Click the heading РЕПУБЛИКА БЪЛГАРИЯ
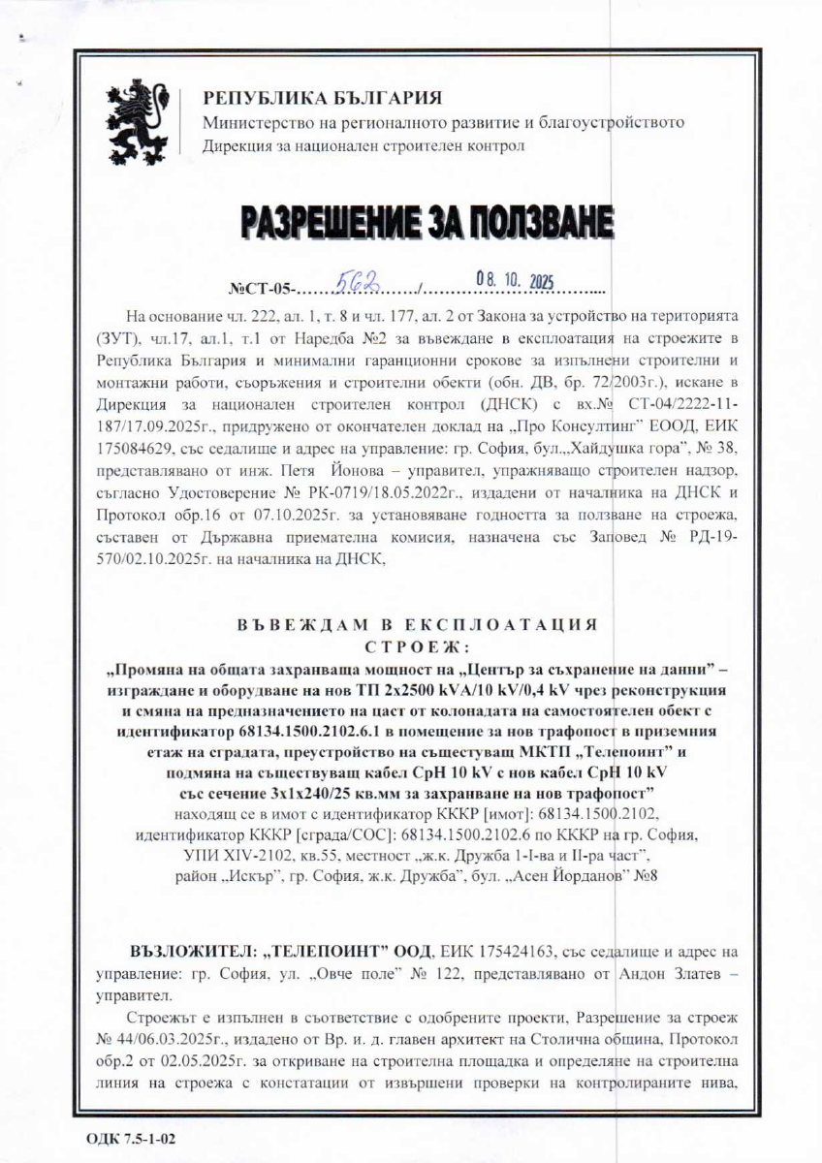pyautogui.click(x=322, y=99)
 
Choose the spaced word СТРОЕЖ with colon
pyautogui.click(x=417, y=646)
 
